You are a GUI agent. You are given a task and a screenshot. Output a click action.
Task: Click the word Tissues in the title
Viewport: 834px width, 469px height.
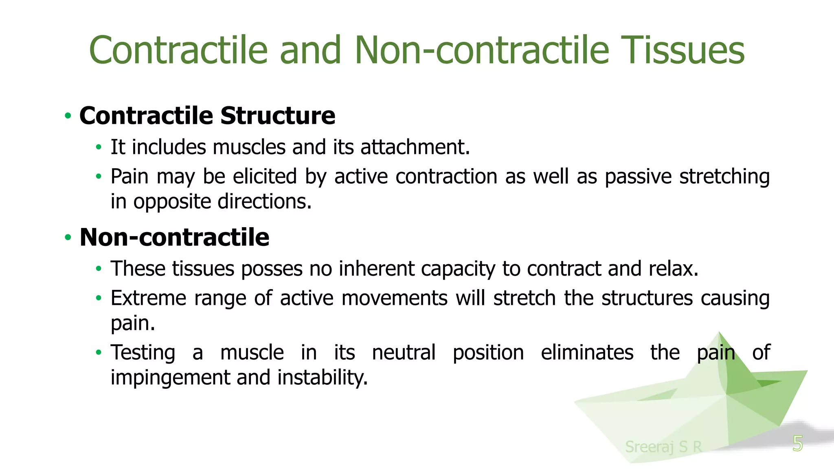pyautogui.click(x=684, y=50)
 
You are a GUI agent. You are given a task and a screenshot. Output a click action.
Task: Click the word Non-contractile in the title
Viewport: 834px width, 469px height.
pyautogui.click(x=482, y=50)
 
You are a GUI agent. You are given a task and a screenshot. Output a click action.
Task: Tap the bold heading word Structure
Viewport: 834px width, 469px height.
pyautogui.click(x=278, y=116)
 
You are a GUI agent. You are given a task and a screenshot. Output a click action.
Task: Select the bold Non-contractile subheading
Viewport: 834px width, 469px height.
pyautogui.click(x=174, y=237)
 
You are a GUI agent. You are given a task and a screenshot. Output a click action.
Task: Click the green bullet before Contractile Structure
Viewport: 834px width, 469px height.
pyautogui.click(x=68, y=116)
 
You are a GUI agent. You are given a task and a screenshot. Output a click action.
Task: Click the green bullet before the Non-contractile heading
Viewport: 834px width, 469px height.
pyautogui.click(x=68, y=237)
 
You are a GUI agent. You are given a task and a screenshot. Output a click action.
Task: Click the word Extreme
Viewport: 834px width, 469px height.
pyautogui.click(x=148, y=298)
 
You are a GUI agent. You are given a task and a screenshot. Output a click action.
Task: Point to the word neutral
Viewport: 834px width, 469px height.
pyautogui.click(x=404, y=353)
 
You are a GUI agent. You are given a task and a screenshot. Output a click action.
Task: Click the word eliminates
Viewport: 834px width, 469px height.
pyautogui.click(x=587, y=353)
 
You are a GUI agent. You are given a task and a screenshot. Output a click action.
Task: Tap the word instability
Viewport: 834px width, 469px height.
pyautogui.click(x=323, y=378)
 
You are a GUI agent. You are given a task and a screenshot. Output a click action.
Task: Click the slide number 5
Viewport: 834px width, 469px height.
pyautogui.click(x=797, y=443)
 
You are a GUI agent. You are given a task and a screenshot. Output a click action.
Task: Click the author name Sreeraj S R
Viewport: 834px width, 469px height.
pyautogui.click(x=663, y=447)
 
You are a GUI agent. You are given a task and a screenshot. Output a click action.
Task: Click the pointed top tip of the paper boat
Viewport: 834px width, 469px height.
pyautogui.click(x=720, y=333)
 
